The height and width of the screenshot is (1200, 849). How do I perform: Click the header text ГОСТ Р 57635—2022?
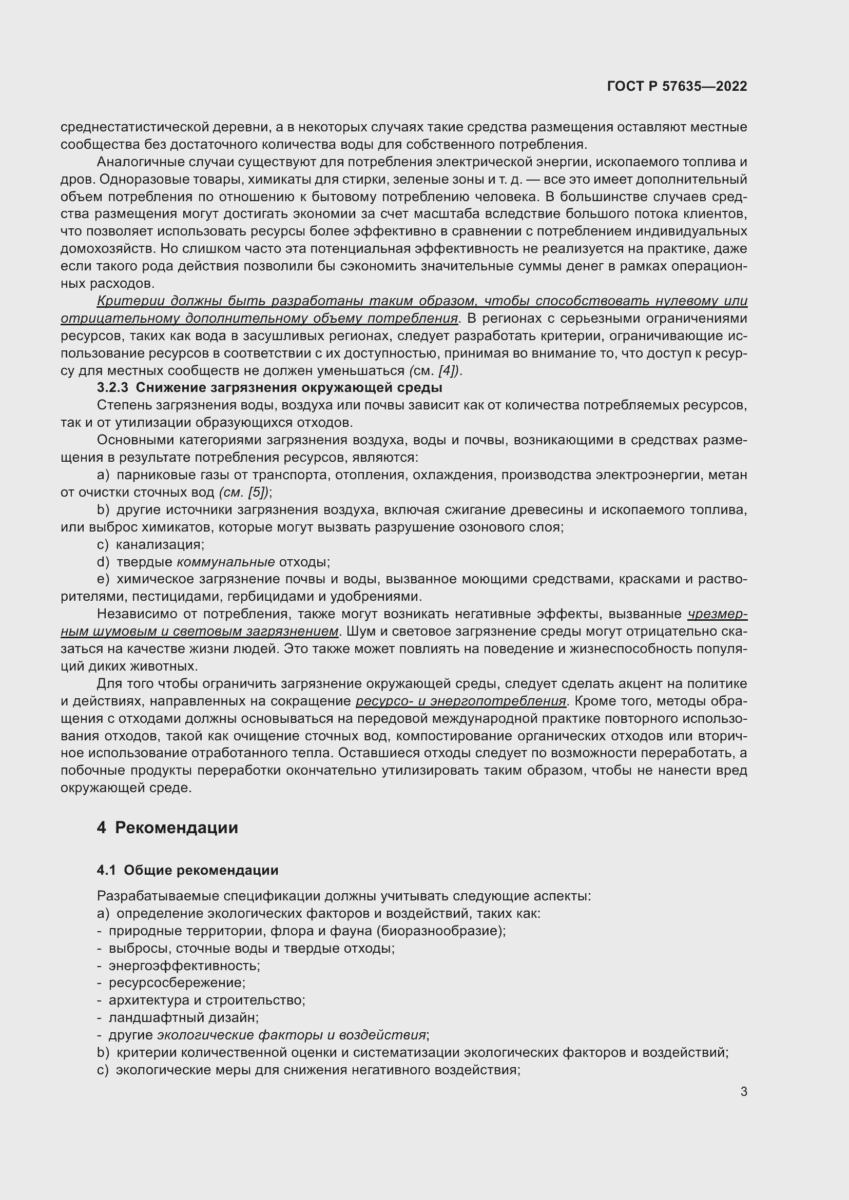tap(677, 86)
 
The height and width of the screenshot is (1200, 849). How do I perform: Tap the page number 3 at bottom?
tap(743, 1091)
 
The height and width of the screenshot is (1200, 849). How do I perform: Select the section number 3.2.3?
tap(112, 388)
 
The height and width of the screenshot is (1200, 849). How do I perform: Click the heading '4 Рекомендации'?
tap(167, 828)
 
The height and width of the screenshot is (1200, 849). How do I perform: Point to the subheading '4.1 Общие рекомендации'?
tap(187, 870)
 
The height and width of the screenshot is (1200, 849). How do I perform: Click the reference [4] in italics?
tap(448, 370)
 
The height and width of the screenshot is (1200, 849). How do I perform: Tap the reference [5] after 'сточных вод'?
tap(257, 493)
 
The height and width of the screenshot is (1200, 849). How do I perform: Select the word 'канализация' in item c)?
tap(160, 545)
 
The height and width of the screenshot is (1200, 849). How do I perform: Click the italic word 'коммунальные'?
tap(225, 562)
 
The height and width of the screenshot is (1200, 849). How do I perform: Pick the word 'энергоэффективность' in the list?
tap(184, 966)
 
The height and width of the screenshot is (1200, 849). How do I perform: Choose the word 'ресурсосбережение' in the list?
tap(177, 982)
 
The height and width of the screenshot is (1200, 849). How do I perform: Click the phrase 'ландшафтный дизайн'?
tap(183, 1017)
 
